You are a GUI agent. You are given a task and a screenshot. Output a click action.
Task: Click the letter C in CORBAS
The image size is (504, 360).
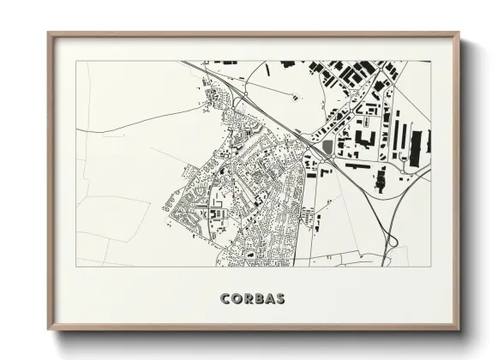(x=225, y=299)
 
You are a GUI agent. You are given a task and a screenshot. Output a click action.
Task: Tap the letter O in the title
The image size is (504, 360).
(x=237, y=299)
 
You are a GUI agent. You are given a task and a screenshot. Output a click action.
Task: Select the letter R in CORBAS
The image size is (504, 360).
(x=249, y=299)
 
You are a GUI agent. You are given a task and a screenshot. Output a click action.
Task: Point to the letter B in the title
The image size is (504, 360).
(x=260, y=299)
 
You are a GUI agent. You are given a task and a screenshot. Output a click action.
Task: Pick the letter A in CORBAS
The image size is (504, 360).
(x=271, y=299)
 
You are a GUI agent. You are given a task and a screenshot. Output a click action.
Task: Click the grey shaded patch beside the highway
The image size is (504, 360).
(x=328, y=148)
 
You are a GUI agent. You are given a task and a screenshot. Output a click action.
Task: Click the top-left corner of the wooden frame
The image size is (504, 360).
(x=49, y=33)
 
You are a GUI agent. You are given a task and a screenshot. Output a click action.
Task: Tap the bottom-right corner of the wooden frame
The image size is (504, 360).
(x=460, y=330)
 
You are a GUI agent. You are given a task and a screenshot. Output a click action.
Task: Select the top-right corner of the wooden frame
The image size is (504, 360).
(x=460, y=33)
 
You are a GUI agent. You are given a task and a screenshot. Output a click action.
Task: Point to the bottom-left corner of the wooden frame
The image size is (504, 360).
(x=49, y=330)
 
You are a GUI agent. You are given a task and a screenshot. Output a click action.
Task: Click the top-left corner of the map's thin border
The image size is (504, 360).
(x=76, y=61)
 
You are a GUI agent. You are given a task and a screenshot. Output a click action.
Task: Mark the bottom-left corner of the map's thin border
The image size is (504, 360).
(x=76, y=267)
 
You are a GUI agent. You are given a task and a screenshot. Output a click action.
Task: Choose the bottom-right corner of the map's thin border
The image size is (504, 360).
(x=431, y=267)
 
